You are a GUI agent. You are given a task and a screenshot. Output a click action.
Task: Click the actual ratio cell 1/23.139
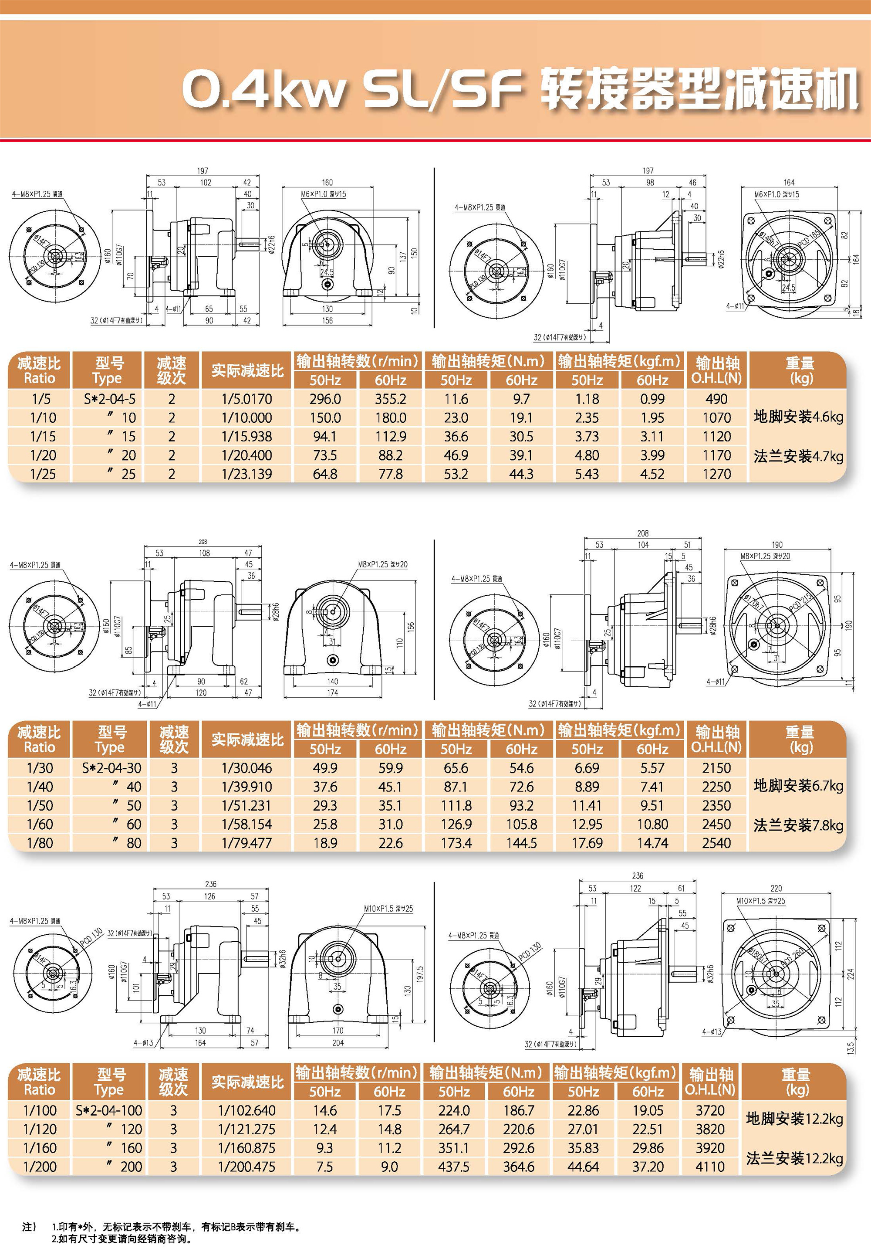coord(246,474)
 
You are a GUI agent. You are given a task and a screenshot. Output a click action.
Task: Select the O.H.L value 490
coord(716,399)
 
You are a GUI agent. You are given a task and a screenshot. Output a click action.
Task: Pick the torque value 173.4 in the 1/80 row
coord(456,843)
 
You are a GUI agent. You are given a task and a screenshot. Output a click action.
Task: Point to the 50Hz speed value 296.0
coord(325,399)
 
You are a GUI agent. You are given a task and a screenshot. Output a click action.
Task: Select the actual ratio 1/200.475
coord(246,1167)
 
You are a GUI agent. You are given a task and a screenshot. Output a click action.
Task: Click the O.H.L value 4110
coord(710,1167)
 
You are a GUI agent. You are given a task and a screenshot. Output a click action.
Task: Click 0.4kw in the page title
coord(264,88)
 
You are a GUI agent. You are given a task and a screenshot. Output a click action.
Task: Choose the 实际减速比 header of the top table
coord(247,371)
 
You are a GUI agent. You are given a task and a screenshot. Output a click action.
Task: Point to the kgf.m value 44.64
coord(583,1167)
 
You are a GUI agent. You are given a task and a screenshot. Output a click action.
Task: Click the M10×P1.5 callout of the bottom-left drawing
coord(388,909)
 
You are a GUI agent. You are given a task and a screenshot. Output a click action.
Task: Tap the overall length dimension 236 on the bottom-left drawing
coord(210,884)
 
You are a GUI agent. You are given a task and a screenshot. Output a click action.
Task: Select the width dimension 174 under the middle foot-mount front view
coord(332,693)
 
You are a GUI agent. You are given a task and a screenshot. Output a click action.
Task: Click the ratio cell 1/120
coord(40,1129)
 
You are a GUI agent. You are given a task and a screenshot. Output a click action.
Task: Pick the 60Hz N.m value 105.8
coord(522,824)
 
